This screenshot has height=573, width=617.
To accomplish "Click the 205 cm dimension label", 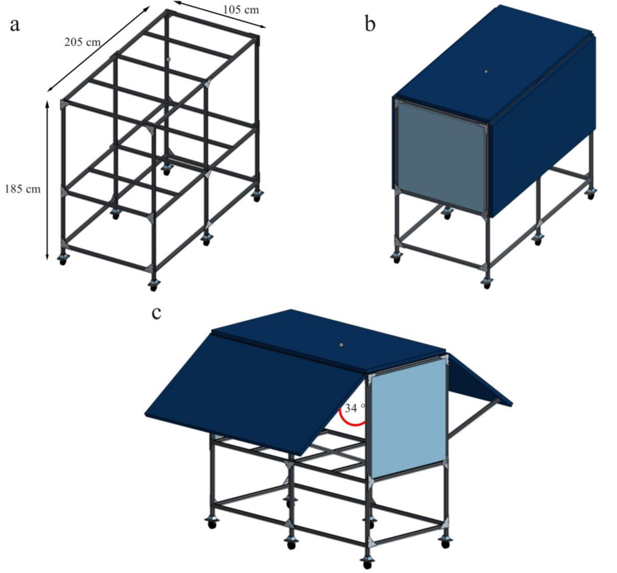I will [x=82, y=42].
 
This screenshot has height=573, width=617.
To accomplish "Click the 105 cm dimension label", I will [x=241, y=10].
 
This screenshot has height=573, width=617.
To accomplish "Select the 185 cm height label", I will [x=23, y=189].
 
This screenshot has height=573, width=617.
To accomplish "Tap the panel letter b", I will [x=370, y=25].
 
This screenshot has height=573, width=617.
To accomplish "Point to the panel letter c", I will [x=156, y=313].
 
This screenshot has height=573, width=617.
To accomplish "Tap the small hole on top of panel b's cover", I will [x=486, y=72].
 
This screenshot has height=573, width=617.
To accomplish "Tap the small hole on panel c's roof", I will [x=341, y=345].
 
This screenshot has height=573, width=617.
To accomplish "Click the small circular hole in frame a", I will [x=168, y=59].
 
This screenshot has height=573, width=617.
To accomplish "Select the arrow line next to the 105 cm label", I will [x=220, y=16].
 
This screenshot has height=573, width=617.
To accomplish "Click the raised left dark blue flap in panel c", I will [x=253, y=392].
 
